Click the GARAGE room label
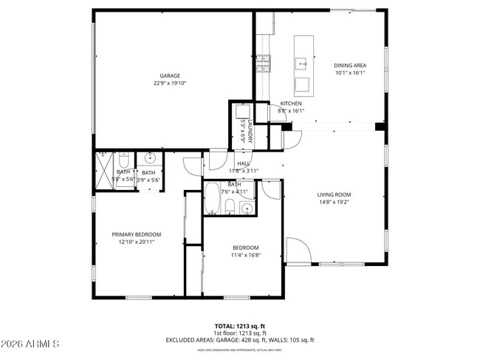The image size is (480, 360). (x=170, y=75)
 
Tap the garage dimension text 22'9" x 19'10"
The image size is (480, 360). (x=170, y=84)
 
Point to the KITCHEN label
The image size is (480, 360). (x=290, y=103)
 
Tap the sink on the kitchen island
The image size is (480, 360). (x=303, y=64)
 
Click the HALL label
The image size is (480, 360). (x=242, y=163)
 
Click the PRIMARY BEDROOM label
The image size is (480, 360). (x=137, y=234)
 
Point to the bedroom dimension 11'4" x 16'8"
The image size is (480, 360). (x=245, y=256)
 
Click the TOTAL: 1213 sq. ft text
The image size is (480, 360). (x=239, y=326)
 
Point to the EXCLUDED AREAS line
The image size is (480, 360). (x=239, y=340)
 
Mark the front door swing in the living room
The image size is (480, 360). (x=294, y=248)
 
